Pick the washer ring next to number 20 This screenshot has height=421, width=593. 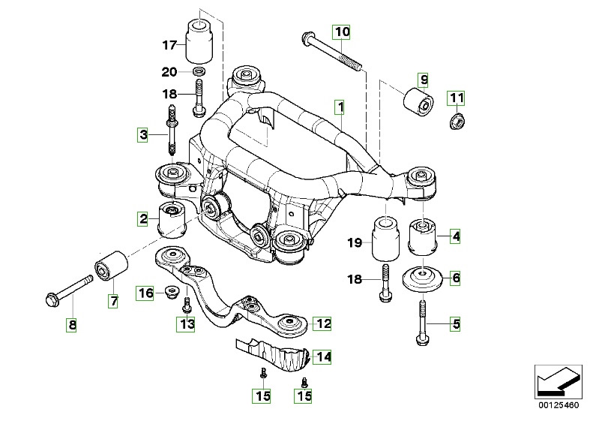point(200,72)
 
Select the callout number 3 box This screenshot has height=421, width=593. point(142,136)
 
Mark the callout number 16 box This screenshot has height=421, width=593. point(145,293)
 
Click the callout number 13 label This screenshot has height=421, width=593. point(184,323)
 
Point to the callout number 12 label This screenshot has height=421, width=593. point(322,324)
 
